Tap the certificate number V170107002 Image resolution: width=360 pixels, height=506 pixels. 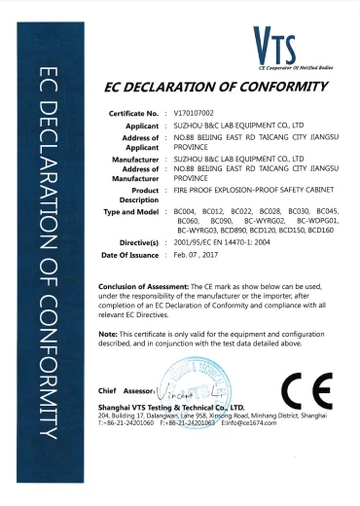(x=195, y=115)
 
